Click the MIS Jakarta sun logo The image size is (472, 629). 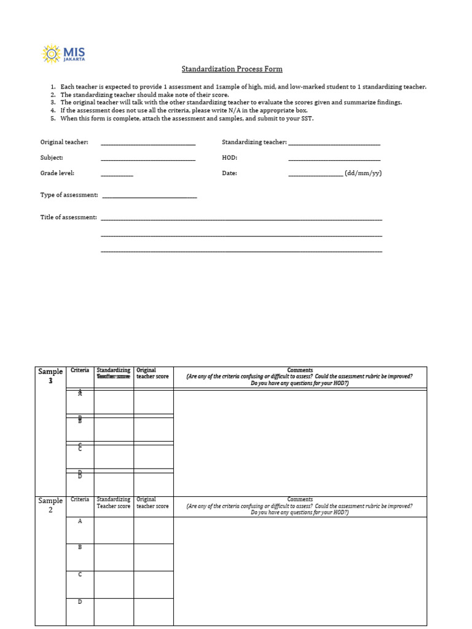pos(50,53)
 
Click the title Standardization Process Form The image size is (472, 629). pos(232,69)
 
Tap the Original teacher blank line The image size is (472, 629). pos(147,143)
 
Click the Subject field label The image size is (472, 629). pos(52,158)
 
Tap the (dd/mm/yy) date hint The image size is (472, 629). pos(363,173)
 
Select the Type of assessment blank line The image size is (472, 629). pos(149,196)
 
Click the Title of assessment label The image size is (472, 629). pos(68,217)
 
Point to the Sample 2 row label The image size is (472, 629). pos(50,506)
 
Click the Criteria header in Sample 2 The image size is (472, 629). pos(79,499)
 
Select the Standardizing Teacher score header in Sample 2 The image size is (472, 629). pos(114,503)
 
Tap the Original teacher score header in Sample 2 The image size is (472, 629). pos(152,503)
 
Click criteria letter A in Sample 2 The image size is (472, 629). pos(80,521)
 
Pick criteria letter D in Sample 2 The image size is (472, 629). pos(80,602)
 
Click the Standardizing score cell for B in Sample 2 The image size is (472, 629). pos(114,557)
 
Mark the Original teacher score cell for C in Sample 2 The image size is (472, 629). pos(154,584)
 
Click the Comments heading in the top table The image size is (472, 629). pos(300,370)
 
